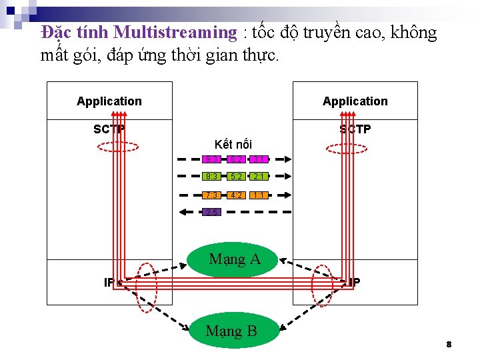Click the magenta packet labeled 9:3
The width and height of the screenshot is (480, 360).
click(x=211, y=159)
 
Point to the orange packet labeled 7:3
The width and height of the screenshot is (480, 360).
click(x=211, y=195)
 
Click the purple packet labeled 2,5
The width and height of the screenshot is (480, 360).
click(x=211, y=213)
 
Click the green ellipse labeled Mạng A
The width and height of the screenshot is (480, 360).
click(x=234, y=259)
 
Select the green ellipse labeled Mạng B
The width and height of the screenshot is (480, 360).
click(x=232, y=330)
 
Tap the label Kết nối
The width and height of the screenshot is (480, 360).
click(x=233, y=144)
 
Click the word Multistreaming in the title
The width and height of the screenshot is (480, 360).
click(x=175, y=32)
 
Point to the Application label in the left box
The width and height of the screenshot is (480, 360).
click(x=109, y=101)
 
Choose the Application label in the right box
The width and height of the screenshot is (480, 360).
click(x=355, y=101)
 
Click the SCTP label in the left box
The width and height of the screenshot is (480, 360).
click(x=109, y=129)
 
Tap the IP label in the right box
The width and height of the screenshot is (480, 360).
click(x=354, y=282)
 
